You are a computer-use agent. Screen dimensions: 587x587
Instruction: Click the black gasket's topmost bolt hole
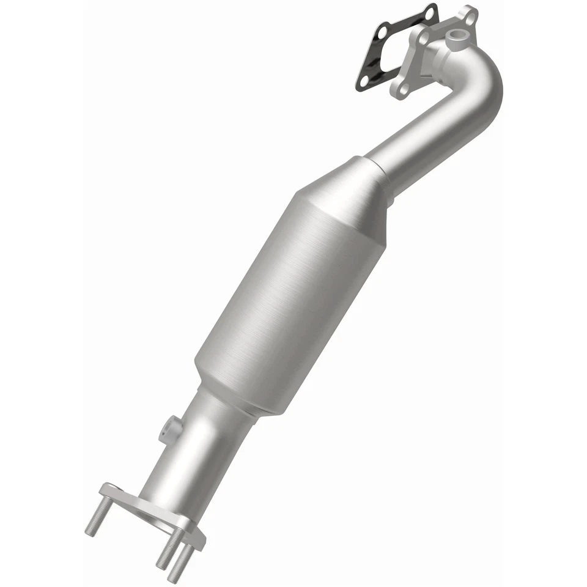coord(430,13)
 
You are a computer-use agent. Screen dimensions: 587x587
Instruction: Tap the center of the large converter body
coord(287,287)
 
